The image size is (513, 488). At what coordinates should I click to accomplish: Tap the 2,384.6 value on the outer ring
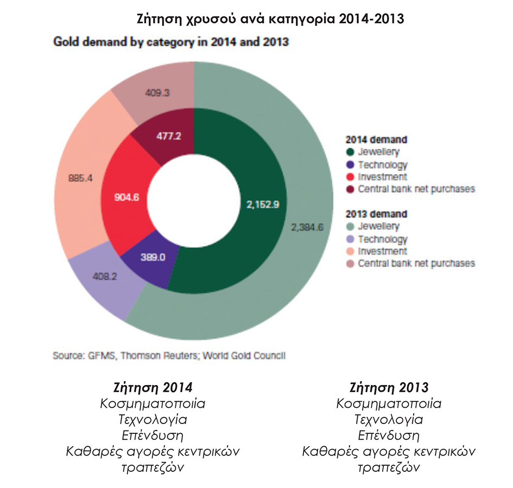click(x=307, y=227)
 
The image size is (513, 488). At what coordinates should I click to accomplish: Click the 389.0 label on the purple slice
click(x=154, y=258)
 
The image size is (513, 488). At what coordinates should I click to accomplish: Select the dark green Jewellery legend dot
click(x=350, y=152)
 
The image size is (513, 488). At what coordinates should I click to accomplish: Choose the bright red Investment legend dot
click(x=350, y=177)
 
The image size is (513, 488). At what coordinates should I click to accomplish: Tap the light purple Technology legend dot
click(x=350, y=239)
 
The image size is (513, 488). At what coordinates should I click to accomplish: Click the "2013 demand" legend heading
click(x=377, y=214)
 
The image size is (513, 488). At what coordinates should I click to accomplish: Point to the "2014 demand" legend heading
click(x=377, y=140)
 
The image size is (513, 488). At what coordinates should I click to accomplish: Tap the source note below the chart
click(x=169, y=356)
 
